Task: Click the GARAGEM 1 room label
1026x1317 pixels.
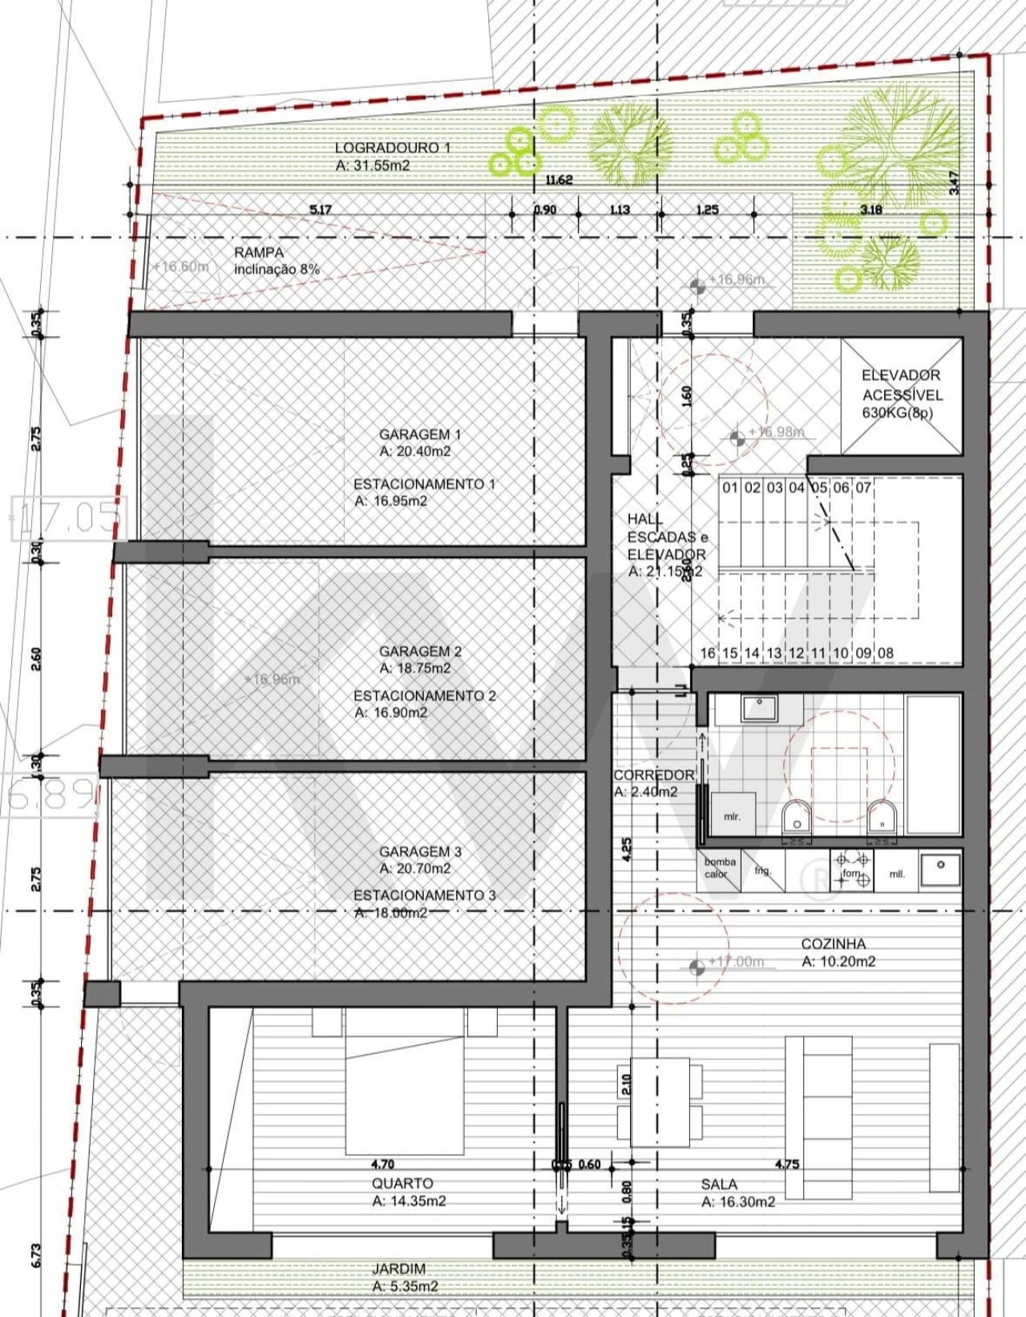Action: point(419,443)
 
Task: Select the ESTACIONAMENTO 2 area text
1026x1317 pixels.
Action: point(424,703)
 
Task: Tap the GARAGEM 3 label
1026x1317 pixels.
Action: point(420,859)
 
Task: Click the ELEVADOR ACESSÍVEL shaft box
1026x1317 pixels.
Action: point(901,395)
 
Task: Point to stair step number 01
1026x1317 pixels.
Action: point(729,488)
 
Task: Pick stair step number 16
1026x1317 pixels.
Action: point(707,653)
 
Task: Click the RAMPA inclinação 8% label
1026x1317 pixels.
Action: point(276,261)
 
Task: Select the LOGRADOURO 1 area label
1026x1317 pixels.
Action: point(391,156)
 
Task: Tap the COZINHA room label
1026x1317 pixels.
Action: point(837,952)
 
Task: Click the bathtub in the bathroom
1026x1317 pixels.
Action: point(932,765)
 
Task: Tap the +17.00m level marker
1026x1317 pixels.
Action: point(736,962)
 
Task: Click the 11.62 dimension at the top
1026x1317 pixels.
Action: point(559,180)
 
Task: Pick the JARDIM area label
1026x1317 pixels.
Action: point(404,1277)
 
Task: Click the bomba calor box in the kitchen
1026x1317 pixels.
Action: point(720,867)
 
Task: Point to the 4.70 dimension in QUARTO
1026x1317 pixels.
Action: point(382,1164)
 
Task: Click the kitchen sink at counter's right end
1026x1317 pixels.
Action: point(939,868)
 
